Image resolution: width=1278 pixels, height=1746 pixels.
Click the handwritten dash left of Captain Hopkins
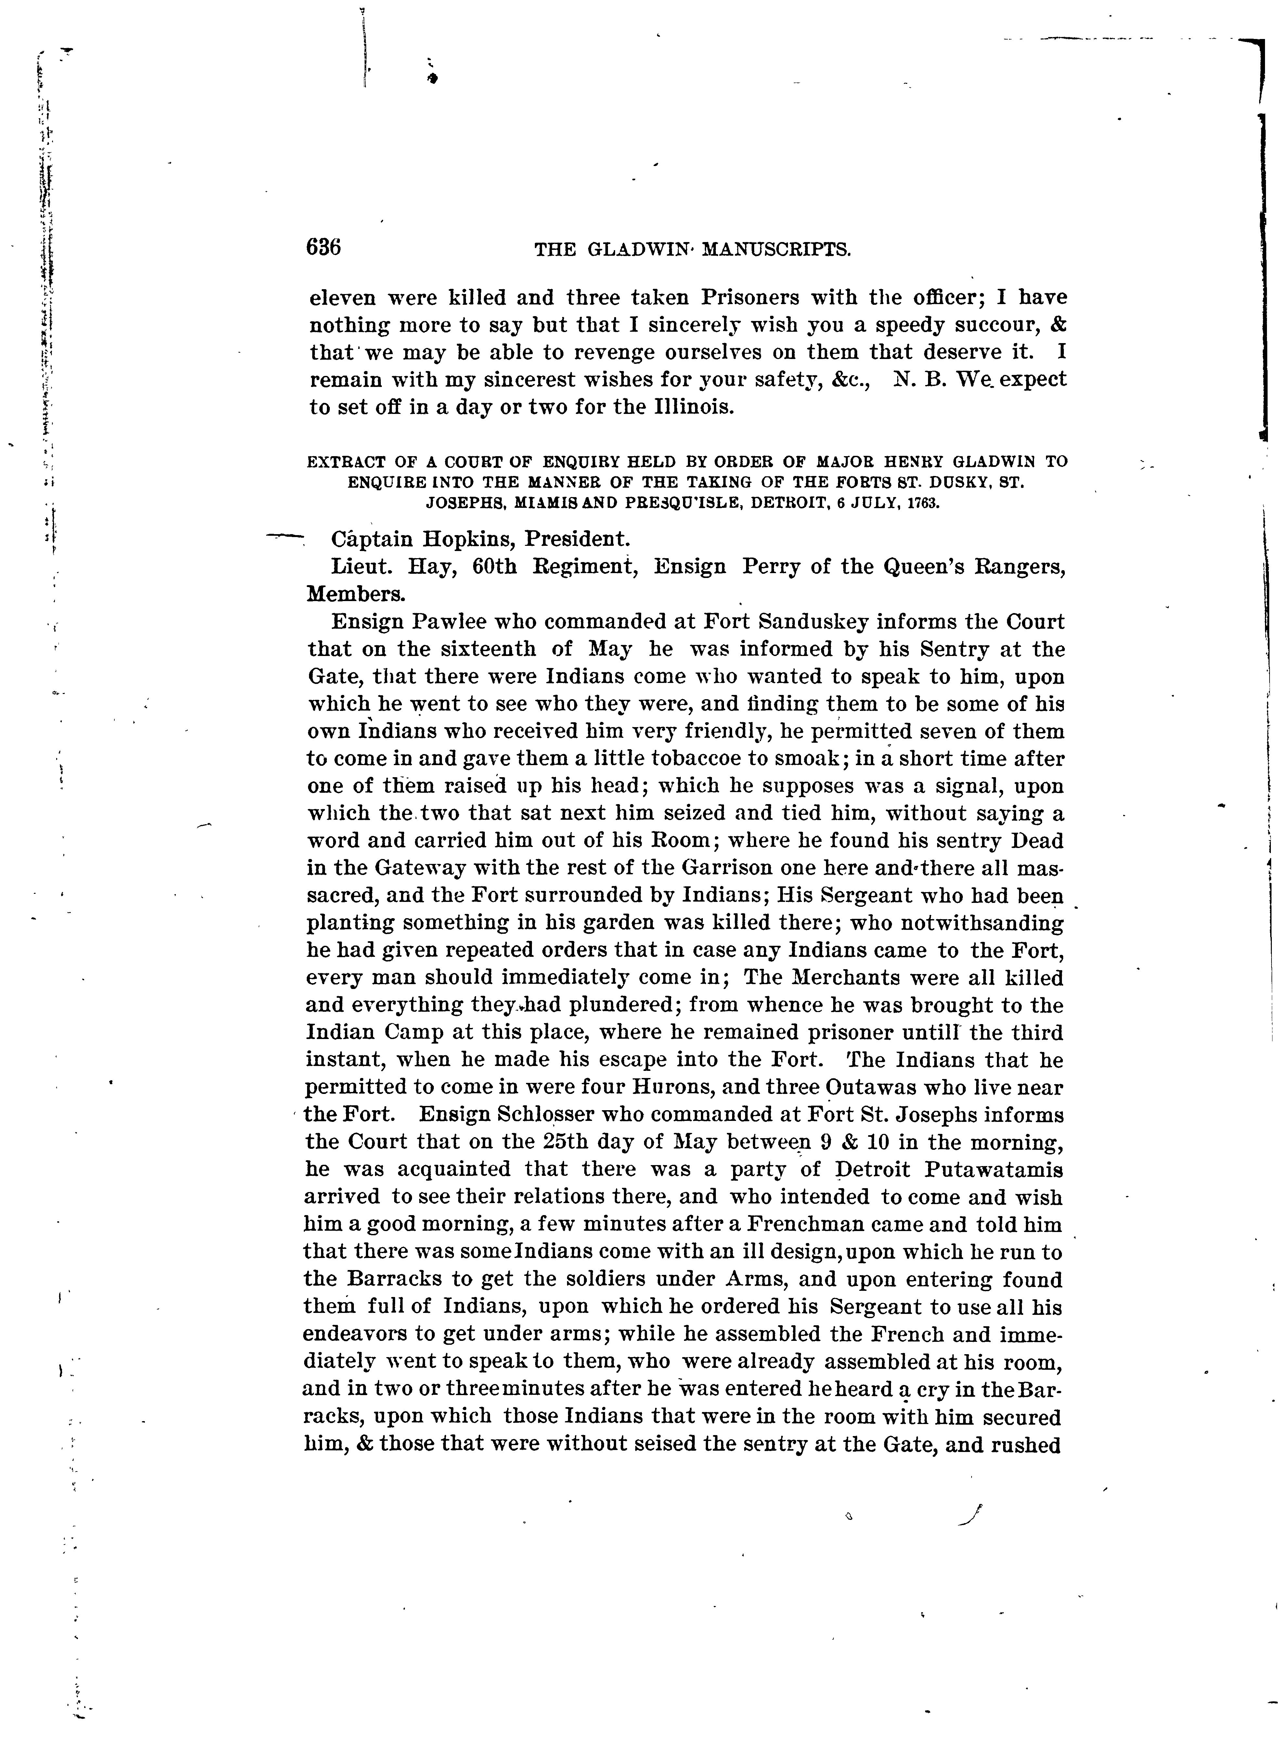(x=283, y=534)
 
